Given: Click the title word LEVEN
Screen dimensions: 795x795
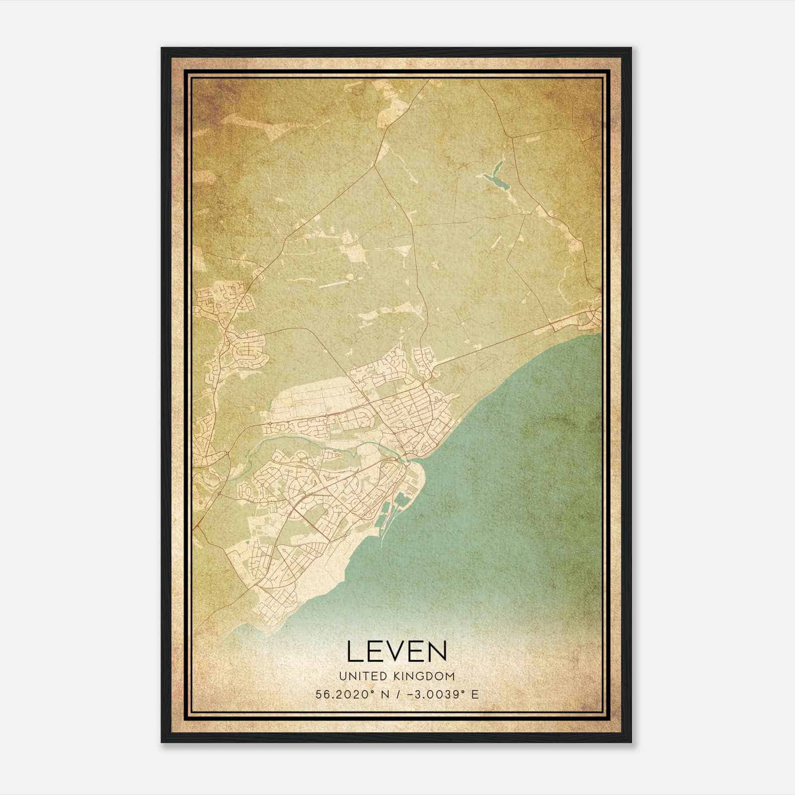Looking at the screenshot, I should point(397,651).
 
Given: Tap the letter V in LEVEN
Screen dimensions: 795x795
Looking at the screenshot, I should point(397,651).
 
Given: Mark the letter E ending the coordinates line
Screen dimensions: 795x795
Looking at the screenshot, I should point(475,695).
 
